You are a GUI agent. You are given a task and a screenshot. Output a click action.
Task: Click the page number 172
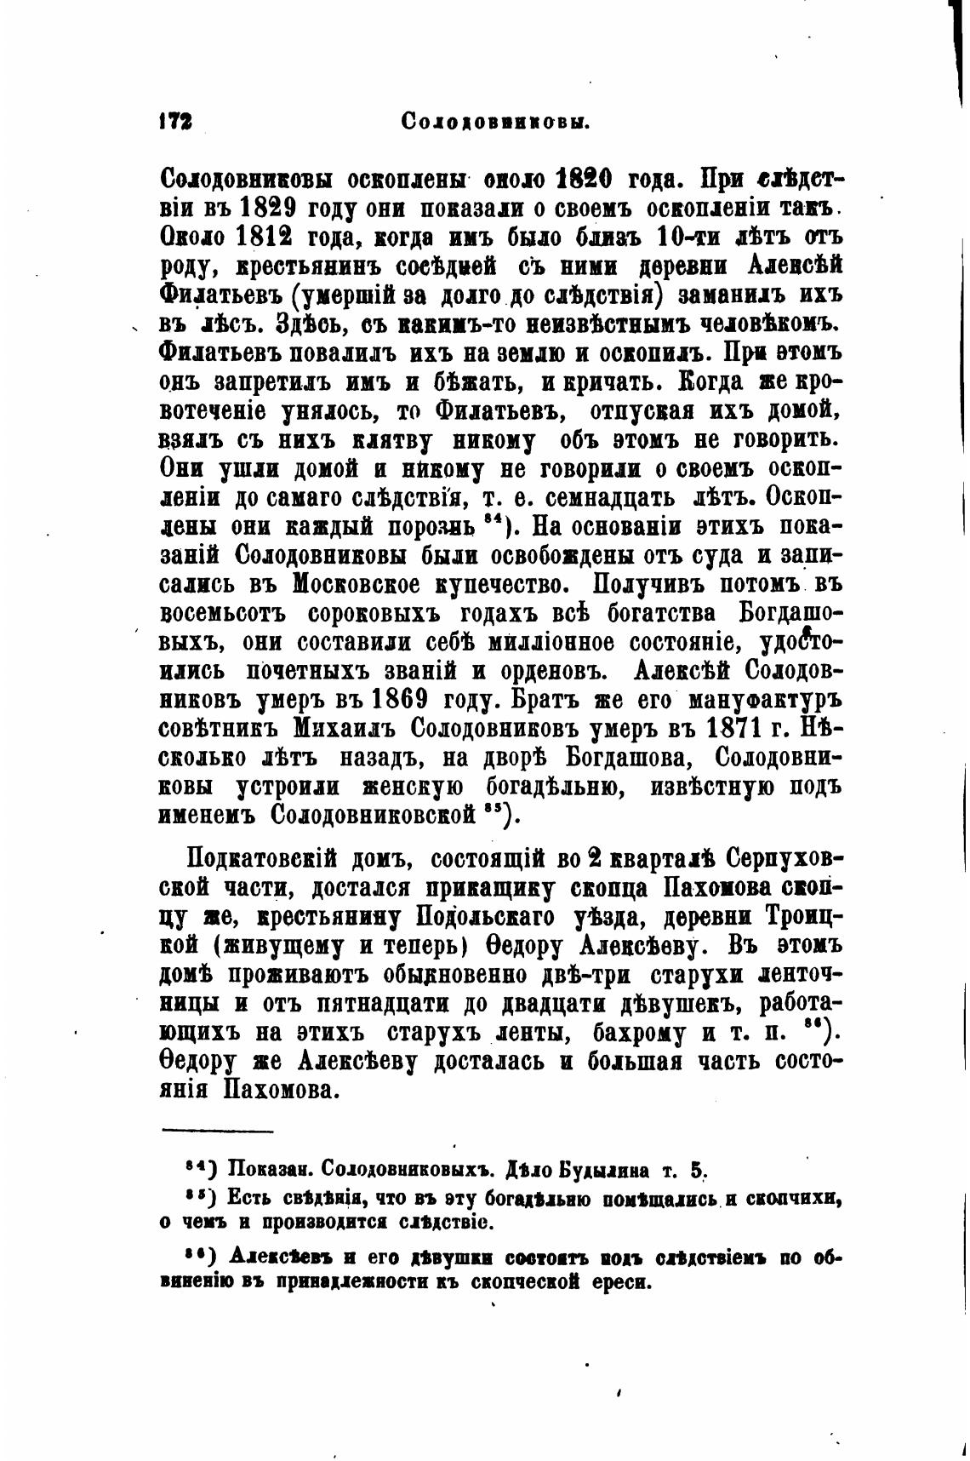(174, 121)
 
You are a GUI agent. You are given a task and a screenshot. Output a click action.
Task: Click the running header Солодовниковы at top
(496, 122)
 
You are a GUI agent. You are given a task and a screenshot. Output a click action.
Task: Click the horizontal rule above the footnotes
(217, 1131)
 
